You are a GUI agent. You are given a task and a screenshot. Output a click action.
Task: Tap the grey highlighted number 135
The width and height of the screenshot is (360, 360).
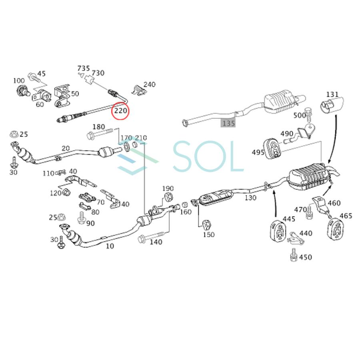pyautogui.click(x=228, y=123)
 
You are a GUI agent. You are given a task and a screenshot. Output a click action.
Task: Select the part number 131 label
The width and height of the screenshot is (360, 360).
pyautogui.click(x=332, y=94)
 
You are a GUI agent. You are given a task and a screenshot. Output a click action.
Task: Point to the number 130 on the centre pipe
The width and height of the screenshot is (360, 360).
pyautogui.click(x=250, y=198)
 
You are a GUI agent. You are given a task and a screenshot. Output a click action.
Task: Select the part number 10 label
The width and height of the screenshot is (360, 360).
pyautogui.click(x=110, y=246)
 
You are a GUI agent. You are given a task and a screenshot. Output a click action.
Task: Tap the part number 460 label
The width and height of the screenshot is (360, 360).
pyautogui.click(x=334, y=203)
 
